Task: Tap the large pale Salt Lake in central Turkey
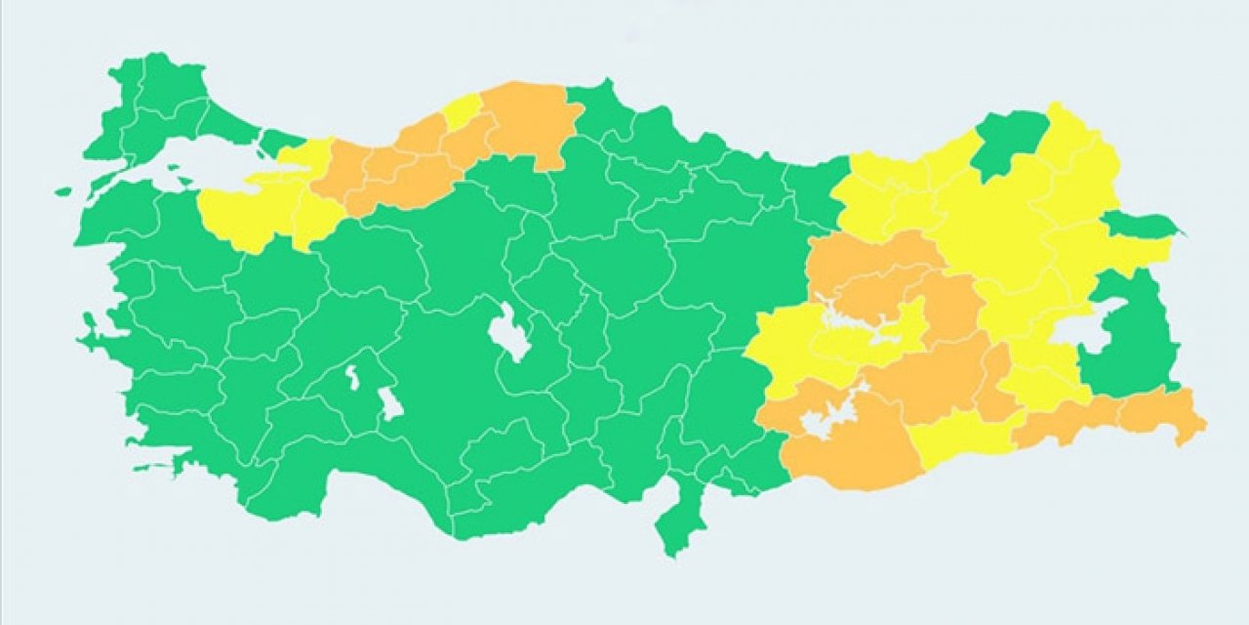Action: click(x=507, y=332)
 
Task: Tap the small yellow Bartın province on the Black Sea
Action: click(x=462, y=112)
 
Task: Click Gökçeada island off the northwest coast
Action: click(x=63, y=191)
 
